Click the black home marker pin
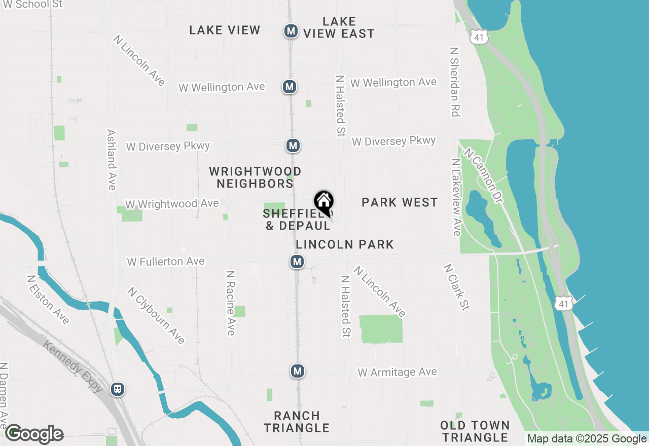point(323,202)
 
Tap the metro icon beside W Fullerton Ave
point(297,262)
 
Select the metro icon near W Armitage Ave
point(298,371)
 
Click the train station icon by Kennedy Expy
point(118,389)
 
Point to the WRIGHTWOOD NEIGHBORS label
point(255,177)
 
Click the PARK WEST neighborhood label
point(400,203)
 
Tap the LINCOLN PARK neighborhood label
point(345,244)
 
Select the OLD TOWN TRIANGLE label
point(475,431)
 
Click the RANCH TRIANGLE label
point(297,422)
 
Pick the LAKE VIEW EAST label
point(339,27)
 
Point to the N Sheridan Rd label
point(454,82)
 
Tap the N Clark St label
point(457,286)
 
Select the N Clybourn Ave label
point(156,315)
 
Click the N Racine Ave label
point(231,303)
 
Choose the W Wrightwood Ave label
point(172,204)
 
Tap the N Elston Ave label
point(48,300)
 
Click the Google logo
point(34,434)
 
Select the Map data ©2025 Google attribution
point(587,439)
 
